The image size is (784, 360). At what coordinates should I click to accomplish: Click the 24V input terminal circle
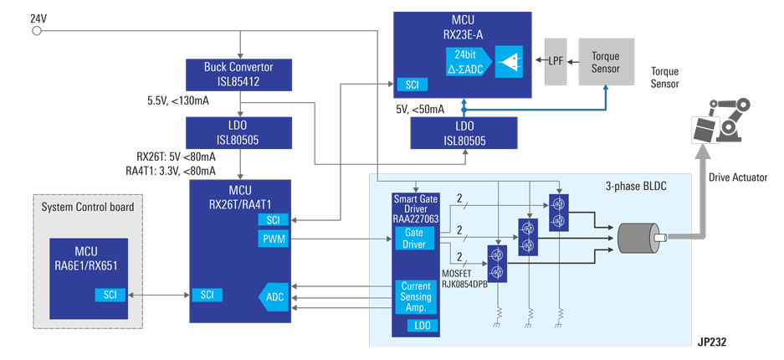[36, 32]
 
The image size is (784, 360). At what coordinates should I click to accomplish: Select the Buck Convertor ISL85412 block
[239, 75]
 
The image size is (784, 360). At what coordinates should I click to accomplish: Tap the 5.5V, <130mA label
[178, 101]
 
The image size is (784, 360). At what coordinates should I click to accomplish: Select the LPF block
[556, 61]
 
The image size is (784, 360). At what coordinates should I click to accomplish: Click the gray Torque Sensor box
[606, 61]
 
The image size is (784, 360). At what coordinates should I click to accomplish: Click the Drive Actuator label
[737, 177]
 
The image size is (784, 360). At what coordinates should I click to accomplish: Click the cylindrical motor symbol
[641, 239]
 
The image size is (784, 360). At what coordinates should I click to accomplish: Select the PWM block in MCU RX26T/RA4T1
[274, 240]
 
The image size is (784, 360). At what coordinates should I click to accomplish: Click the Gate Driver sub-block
[414, 238]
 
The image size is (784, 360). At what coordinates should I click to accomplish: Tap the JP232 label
[715, 342]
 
